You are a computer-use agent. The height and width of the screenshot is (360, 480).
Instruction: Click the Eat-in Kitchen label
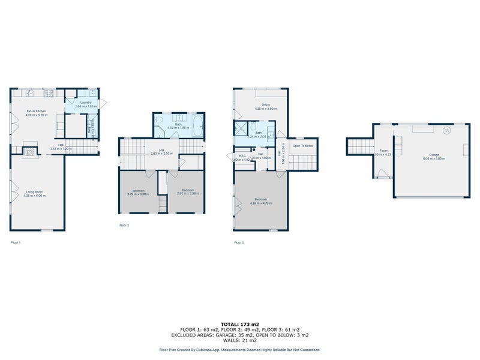[x=37, y=112]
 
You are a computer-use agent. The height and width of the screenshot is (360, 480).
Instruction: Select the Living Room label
[x=37, y=193]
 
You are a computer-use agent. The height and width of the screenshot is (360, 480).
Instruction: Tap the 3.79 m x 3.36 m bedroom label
[x=137, y=191]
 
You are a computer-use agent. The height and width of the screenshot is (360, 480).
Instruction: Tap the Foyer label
[x=383, y=152]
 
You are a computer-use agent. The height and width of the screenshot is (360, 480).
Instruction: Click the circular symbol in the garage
[x=446, y=130]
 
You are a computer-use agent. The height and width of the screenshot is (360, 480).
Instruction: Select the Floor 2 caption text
[x=124, y=226]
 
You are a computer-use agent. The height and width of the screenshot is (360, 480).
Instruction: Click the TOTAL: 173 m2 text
[x=239, y=324]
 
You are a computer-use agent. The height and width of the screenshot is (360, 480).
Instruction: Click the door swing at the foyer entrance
[x=381, y=173]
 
